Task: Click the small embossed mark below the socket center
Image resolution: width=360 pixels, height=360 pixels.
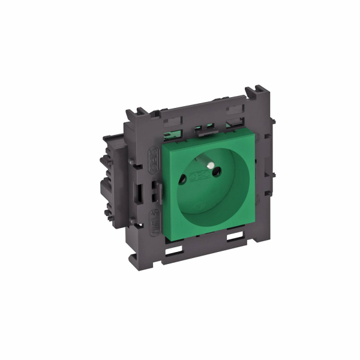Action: pyautogui.click(x=202, y=206)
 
